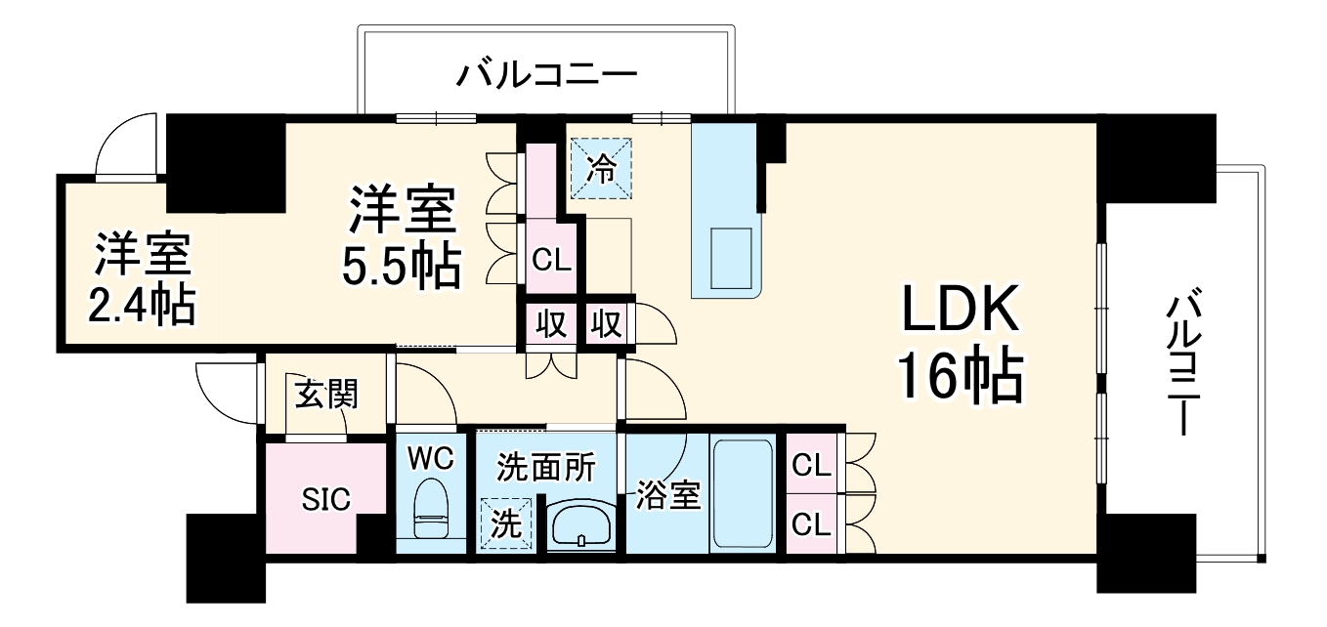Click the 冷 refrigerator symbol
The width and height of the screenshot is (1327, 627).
pyautogui.click(x=602, y=169)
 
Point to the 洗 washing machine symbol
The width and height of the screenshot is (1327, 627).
pyautogui.click(x=505, y=524)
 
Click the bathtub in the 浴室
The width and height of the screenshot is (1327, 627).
pyautogui.click(x=744, y=493)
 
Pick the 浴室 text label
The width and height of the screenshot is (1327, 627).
pyautogui.click(x=668, y=495)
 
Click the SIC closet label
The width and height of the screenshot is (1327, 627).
pyautogui.click(x=325, y=499)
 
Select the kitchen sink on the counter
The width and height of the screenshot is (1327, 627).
pyautogui.click(x=733, y=254)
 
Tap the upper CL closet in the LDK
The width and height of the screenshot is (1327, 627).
pyautogui.click(x=812, y=466)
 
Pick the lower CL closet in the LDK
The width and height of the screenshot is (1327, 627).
pyautogui.click(x=812, y=525)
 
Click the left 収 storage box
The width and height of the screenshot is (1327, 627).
pyautogui.click(x=552, y=323)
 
